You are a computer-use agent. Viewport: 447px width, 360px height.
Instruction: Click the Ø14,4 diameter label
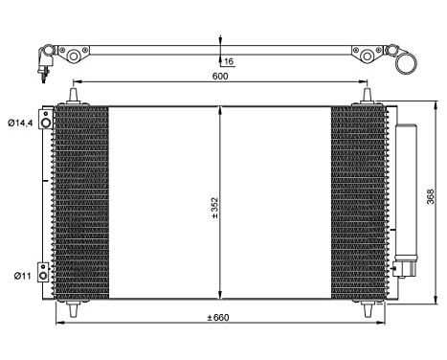click(x=20, y=122)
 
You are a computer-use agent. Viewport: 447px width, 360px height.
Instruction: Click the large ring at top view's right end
click(x=409, y=65)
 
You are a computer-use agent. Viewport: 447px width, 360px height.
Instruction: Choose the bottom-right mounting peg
click(x=369, y=308)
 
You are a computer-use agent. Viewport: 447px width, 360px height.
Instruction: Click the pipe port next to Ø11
click(x=42, y=271)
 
